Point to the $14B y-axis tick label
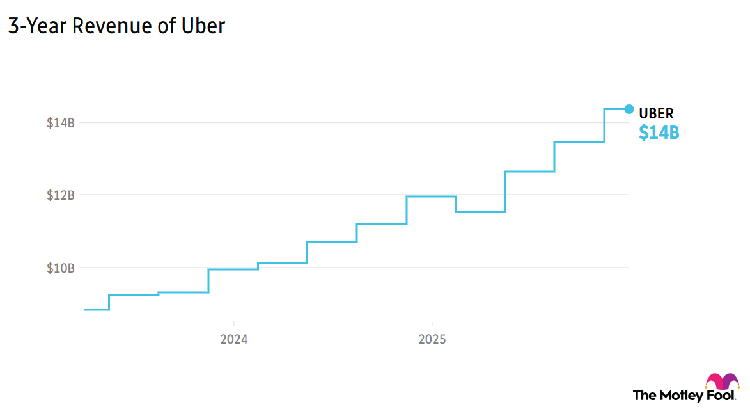coord(61,123)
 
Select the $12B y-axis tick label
coord(61,195)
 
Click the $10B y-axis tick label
coord(61,268)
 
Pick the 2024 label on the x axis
coord(234,340)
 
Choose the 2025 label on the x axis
coord(432,340)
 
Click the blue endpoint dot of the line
coord(629,109)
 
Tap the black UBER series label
coord(656,114)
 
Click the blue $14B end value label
coord(659,133)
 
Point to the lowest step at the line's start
coord(97,310)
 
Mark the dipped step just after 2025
coord(480,212)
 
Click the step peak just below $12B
coord(431,197)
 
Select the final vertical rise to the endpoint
coord(604,125)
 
